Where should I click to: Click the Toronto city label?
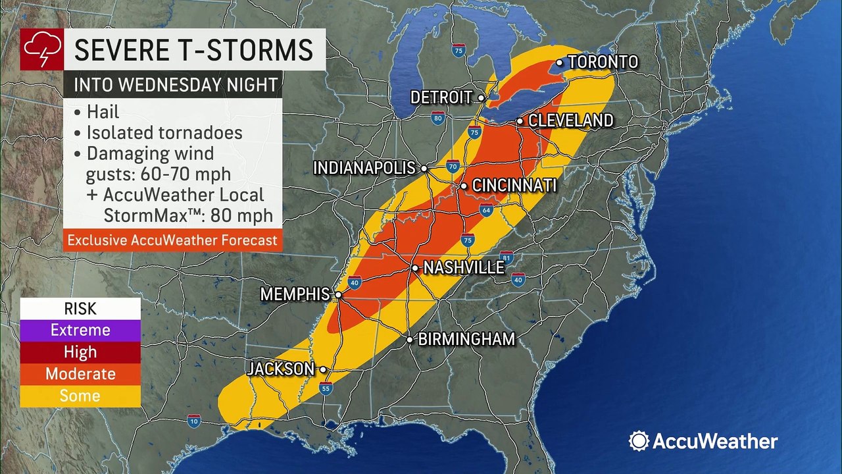pos(603,62)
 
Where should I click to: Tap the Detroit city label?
pos(441,97)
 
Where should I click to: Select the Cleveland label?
pos(570,120)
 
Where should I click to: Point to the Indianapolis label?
pos(364,168)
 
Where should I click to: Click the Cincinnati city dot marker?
pos(464,186)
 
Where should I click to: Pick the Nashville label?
pos(463,268)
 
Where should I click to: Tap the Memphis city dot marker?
pos(338,295)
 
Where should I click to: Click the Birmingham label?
pos(466,340)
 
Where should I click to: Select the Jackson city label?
pos(281,369)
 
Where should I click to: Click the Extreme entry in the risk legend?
pos(80,330)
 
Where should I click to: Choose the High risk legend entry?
pos(80,352)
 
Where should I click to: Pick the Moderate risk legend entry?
pos(80,374)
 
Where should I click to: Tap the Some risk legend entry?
pos(80,396)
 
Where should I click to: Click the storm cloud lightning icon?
pos(42,50)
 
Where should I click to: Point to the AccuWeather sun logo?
pos(639,441)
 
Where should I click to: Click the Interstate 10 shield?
pos(193,421)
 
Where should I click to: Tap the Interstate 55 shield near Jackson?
pos(326,389)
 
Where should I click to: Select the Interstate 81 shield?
pos(506,257)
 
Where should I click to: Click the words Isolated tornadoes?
pos(164,132)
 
